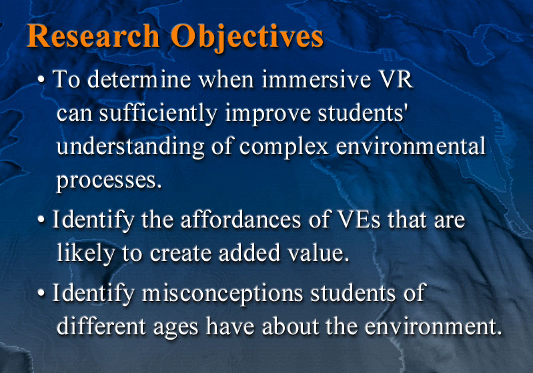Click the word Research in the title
pos(93,36)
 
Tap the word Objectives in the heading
pos(247,38)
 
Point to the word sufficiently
pos(158,113)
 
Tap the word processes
pos(109,181)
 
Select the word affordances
pos(241,220)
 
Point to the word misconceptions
pos(222,294)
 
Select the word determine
pos(139,79)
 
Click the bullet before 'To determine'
pos(41,80)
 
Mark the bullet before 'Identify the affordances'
pos(41,220)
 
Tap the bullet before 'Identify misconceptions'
pos(41,293)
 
